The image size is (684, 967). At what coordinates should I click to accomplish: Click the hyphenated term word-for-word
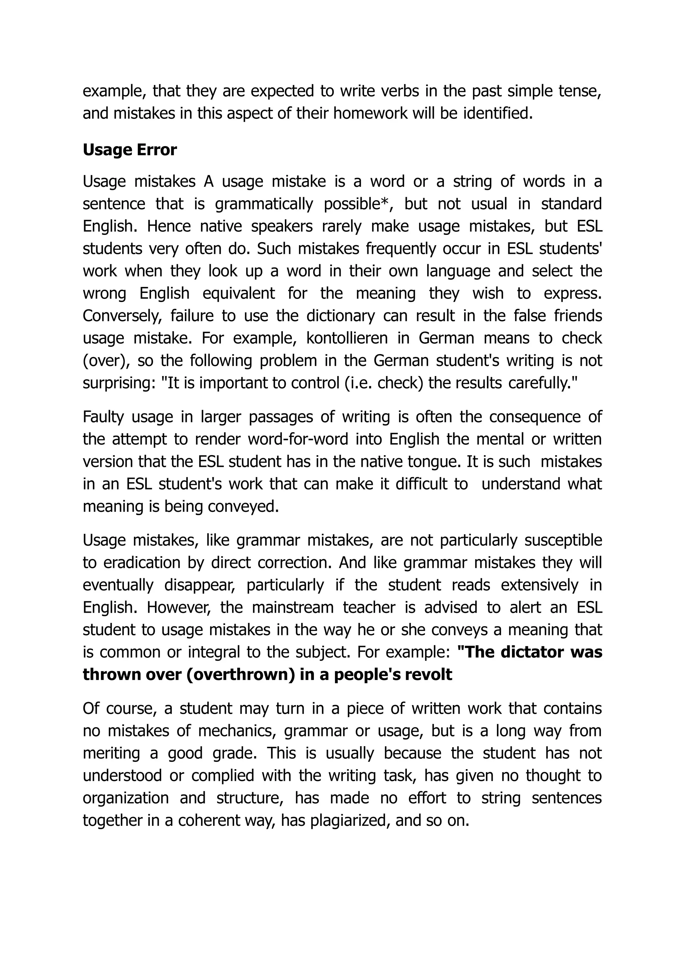coord(298,439)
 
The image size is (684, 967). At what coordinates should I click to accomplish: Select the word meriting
coord(111,753)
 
